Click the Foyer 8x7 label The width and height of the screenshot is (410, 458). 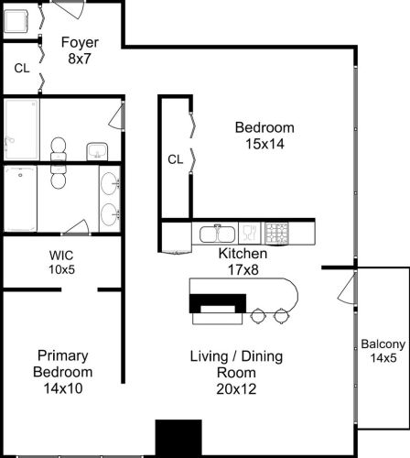79,50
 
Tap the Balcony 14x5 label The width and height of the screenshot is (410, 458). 378,351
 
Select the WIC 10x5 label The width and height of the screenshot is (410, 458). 60,262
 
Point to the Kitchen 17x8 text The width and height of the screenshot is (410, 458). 243,261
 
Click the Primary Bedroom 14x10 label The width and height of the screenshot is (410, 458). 62,364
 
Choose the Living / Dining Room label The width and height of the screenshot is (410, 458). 223,364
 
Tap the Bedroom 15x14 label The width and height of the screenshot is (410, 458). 264,135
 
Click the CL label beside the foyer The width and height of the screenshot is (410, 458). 21,68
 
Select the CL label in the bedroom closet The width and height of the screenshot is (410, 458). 175,159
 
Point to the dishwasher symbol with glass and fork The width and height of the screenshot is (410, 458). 249,234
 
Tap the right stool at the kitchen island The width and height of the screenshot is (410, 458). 280,316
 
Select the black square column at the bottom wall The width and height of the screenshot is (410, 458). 178,438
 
